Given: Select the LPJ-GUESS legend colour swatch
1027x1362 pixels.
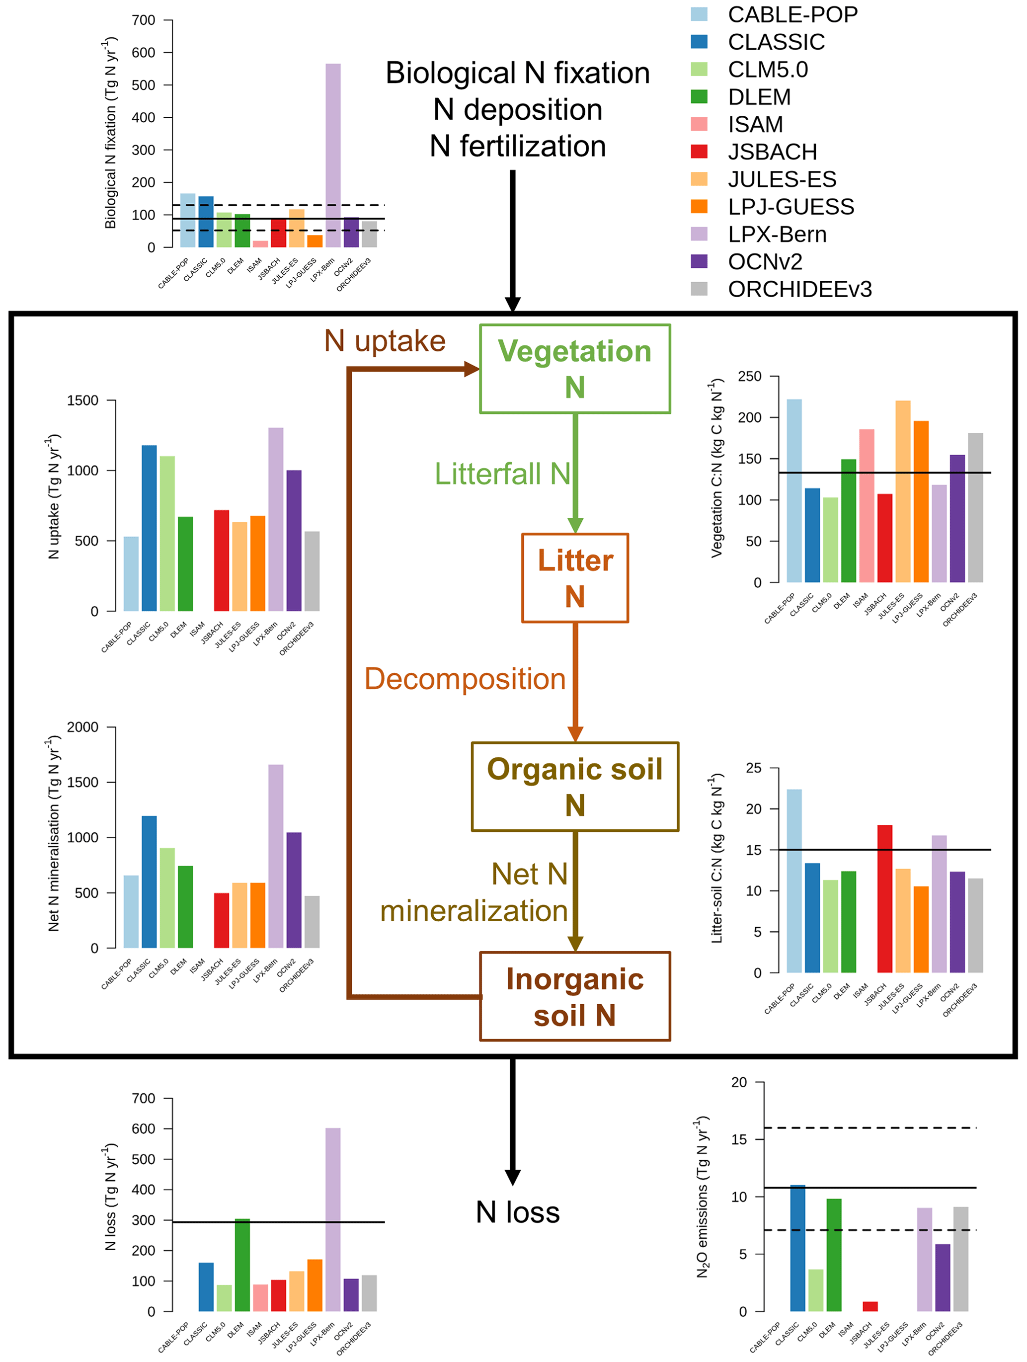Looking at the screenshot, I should tap(700, 207).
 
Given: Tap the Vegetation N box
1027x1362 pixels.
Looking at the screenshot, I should tap(574, 369).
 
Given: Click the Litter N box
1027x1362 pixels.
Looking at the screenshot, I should tap(574, 577).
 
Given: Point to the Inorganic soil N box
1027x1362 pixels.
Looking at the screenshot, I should tap(574, 996).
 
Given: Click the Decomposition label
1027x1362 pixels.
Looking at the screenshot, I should tap(465, 679).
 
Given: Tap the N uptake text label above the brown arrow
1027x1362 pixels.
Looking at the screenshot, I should tap(385, 341).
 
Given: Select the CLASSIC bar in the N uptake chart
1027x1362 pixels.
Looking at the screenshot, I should tap(149, 528).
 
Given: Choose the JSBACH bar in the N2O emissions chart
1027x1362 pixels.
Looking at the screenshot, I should tap(870, 1306).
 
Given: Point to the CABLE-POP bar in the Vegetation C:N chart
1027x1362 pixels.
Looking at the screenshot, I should tap(794, 491).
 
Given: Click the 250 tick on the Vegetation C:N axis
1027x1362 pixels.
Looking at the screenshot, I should tap(749, 376).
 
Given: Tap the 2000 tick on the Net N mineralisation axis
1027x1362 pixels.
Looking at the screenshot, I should tap(82, 727).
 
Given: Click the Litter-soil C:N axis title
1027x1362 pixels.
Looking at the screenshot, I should tap(716, 858).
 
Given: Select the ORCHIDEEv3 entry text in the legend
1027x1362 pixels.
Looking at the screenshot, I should tap(800, 289).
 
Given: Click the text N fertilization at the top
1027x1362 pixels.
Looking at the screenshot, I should tap(518, 147).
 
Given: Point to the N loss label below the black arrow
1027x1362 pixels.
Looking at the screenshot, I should tap(518, 1212).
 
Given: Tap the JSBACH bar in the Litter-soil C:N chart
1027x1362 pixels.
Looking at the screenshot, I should tap(885, 898).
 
